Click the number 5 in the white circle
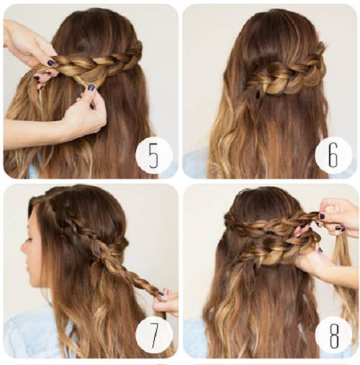click(153, 156)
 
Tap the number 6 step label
click(333, 154)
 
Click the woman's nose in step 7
click(24, 246)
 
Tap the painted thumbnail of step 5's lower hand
click(91, 88)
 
